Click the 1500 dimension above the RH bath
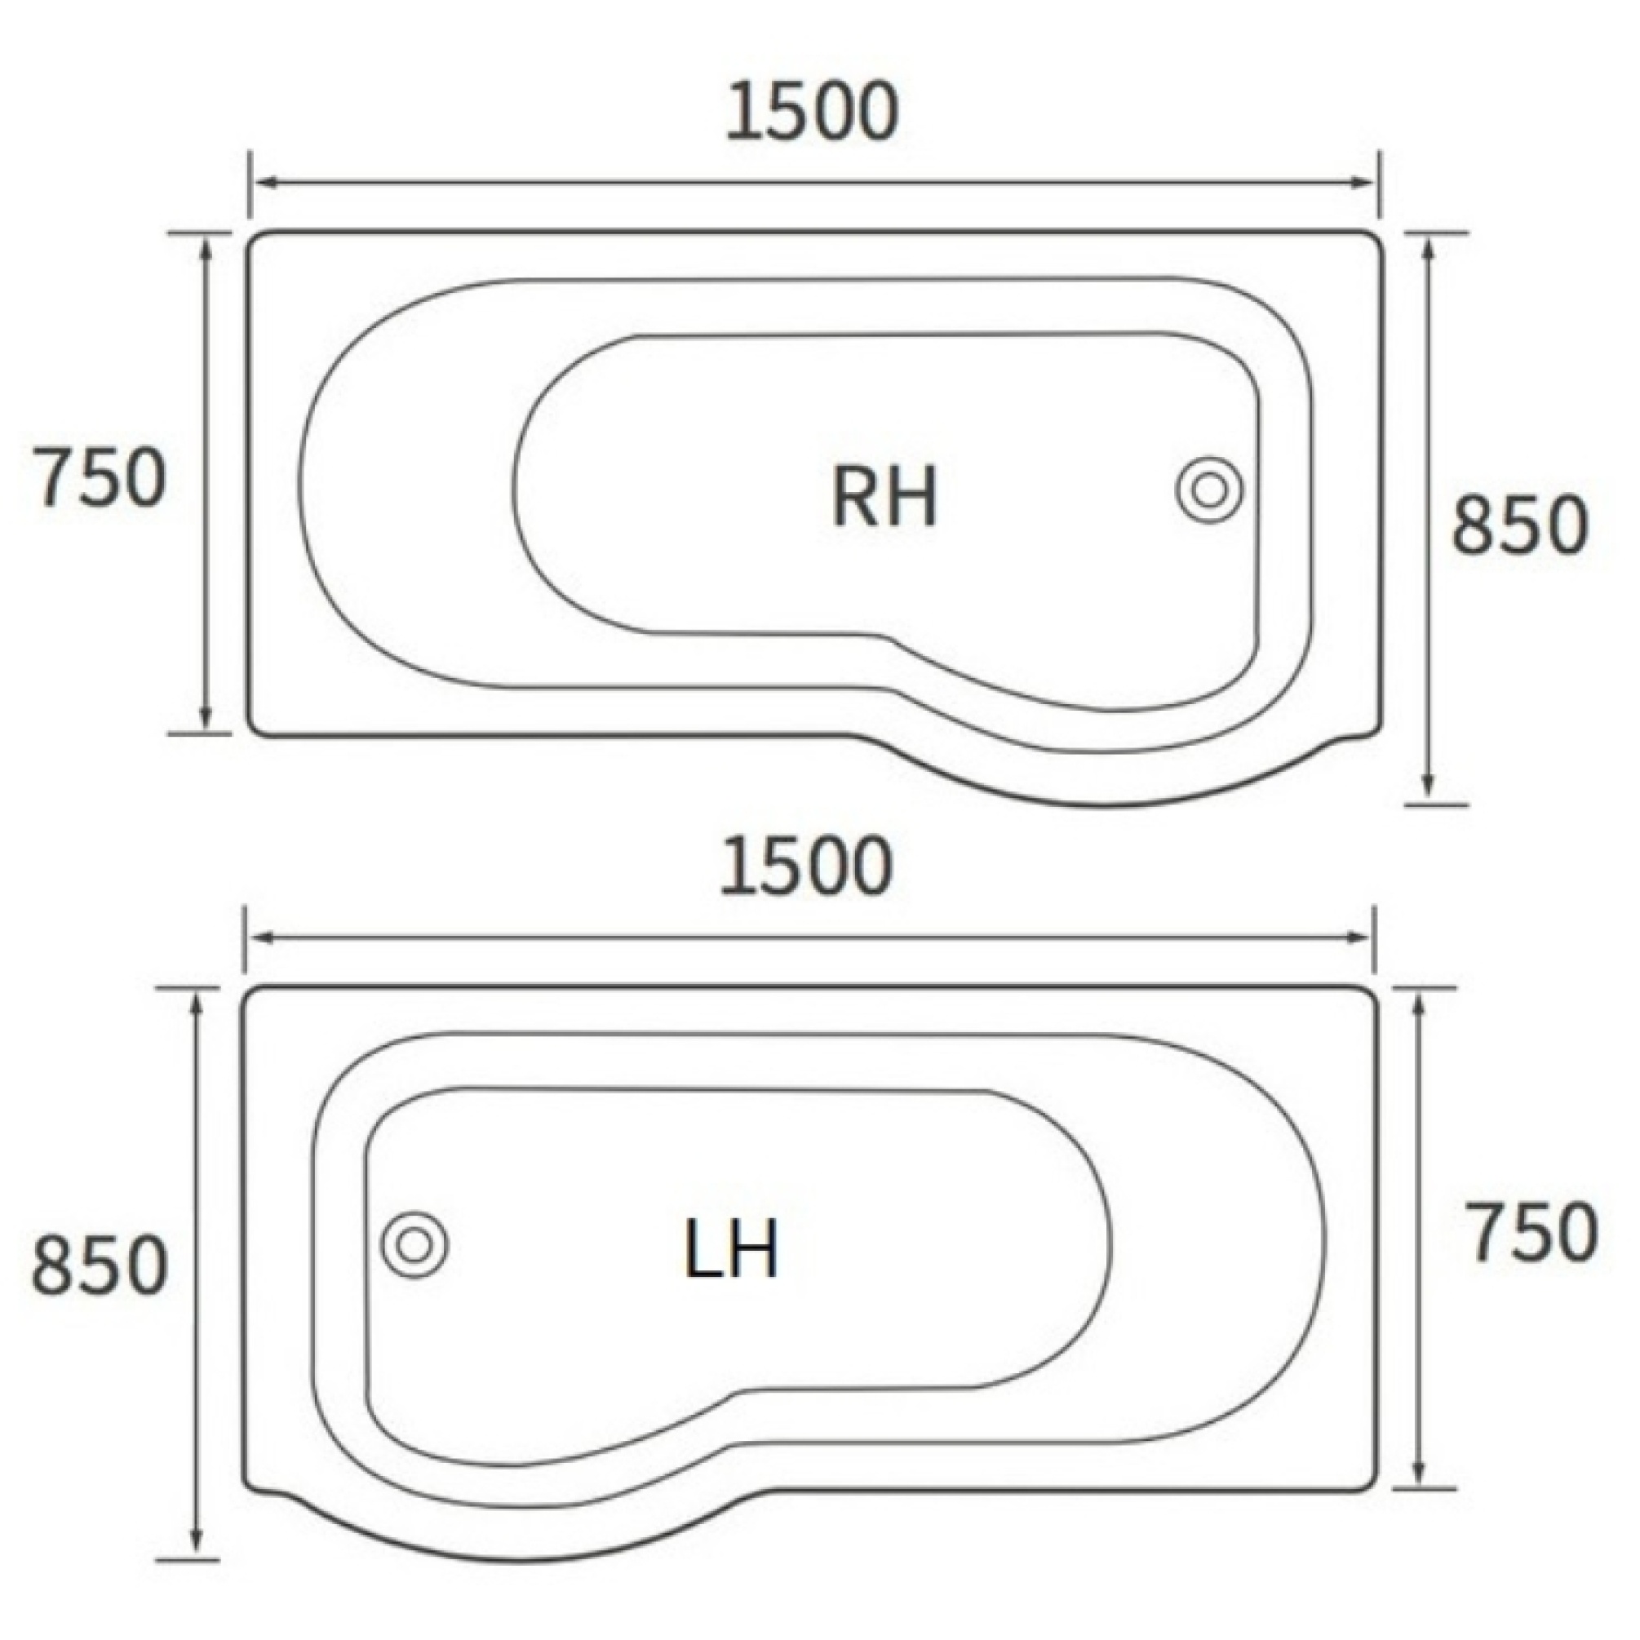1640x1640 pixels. (812, 112)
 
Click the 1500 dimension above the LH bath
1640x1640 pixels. (806, 867)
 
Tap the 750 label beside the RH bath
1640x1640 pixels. (99, 479)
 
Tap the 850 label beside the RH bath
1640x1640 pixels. (1518, 525)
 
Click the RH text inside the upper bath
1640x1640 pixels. (884, 499)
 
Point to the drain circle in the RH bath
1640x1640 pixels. (1210, 490)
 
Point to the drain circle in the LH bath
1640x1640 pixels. (414, 1245)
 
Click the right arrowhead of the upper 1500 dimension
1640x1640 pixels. (1365, 183)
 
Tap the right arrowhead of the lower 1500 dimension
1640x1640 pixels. (1362, 938)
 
